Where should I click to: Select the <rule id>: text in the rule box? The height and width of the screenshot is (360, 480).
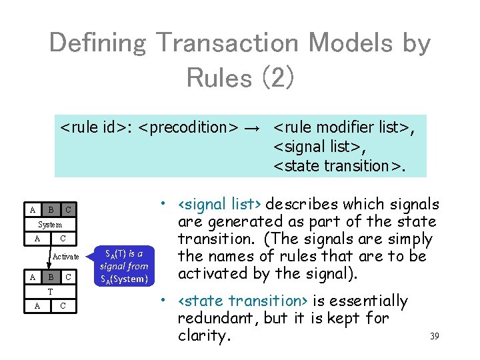pyautogui.click(x=97, y=126)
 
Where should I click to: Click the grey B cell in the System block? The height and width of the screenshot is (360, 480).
pyautogui.click(x=51, y=211)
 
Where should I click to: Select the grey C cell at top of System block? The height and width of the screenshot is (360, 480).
pyautogui.click(x=69, y=211)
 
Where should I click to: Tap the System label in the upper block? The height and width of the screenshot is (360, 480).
pyautogui.click(x=50, y=225)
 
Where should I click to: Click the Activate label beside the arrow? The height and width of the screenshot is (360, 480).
pyautogui.click(x=66, y=257)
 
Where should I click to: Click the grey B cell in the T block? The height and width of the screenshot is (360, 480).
pyautogui.click(x=51, y=277)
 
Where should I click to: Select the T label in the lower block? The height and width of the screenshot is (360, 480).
pyautogui.click(x=50, y=292)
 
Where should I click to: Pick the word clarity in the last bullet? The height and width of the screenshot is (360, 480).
pyautogui.click(x=204, y=335)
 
